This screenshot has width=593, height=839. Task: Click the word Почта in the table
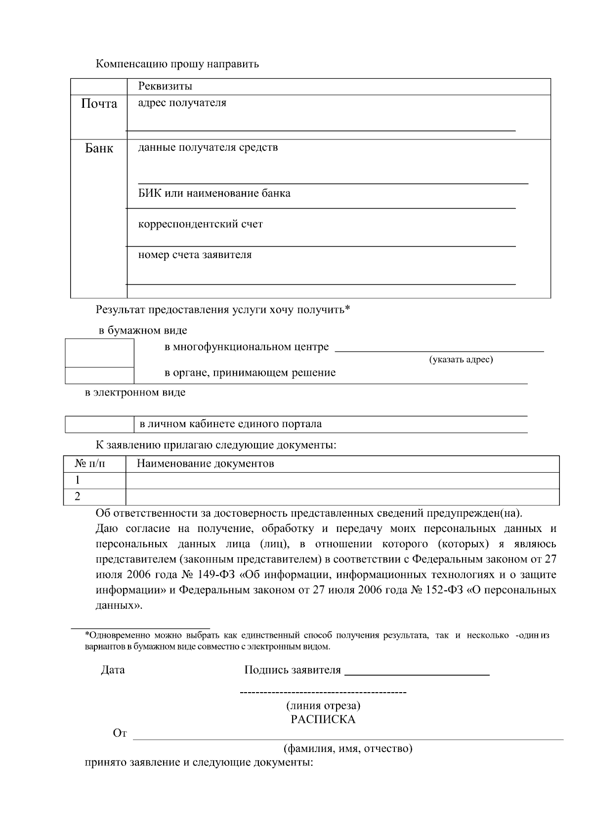(x=99, y=104)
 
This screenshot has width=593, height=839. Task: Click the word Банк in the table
(x=99, y=148)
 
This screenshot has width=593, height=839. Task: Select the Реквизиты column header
(x=165, y=86)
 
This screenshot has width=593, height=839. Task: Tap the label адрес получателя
(x=182, y=103)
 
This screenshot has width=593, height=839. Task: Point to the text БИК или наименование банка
(x=214, y=193)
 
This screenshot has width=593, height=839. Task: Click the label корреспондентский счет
(x=200, y=224)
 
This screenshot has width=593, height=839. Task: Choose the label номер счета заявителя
(x=195, y=255)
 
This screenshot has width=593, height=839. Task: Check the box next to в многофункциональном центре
(x=99, y=353)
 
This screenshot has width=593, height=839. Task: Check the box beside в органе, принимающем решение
(x=99, y=376)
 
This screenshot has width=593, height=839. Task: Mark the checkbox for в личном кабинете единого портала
(x=99, y=424)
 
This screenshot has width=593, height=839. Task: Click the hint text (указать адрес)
(x=461, y=359)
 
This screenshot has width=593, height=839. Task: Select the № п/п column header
(x=89, y=464)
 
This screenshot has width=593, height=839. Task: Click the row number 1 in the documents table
(x=78, y=480)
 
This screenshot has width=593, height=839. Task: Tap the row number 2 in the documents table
(x=78, y=496)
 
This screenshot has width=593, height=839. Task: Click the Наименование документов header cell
(x=205, y=464)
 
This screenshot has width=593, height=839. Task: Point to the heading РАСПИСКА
(x=323, y=719)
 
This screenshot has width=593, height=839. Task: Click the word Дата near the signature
(x=113, y=670)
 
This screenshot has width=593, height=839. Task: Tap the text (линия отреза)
(x=323, y=706)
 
